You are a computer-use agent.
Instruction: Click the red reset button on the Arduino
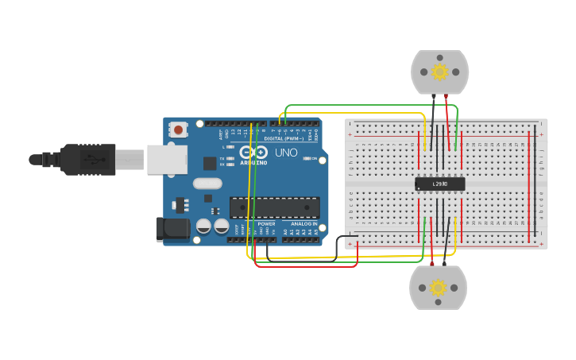pos(179,129)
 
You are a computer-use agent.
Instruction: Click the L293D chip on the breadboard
pos(439,184)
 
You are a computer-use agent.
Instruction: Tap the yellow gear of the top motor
pos(439,72)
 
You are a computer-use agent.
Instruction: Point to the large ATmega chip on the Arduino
pos(275,207)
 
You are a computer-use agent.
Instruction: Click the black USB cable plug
pos(87,159)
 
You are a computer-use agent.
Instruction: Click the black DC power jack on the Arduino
pos(172,229)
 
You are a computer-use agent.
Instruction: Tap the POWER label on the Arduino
pos(266,224)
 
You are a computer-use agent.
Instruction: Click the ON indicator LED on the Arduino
pos(307,159)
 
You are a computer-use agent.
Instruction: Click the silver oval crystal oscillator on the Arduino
pos(207,184)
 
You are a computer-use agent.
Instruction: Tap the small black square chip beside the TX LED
pos(210,163)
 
